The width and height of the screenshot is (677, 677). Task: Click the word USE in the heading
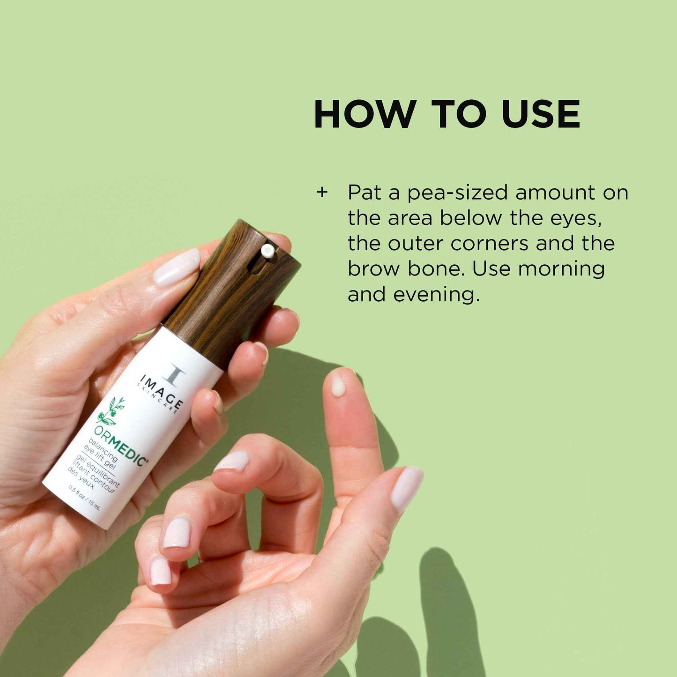point(541,114)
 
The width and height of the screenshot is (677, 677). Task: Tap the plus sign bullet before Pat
point(322,193)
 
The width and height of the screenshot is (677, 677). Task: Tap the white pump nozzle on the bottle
point(268,251)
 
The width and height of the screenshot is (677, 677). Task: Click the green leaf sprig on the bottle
point(112,411)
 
